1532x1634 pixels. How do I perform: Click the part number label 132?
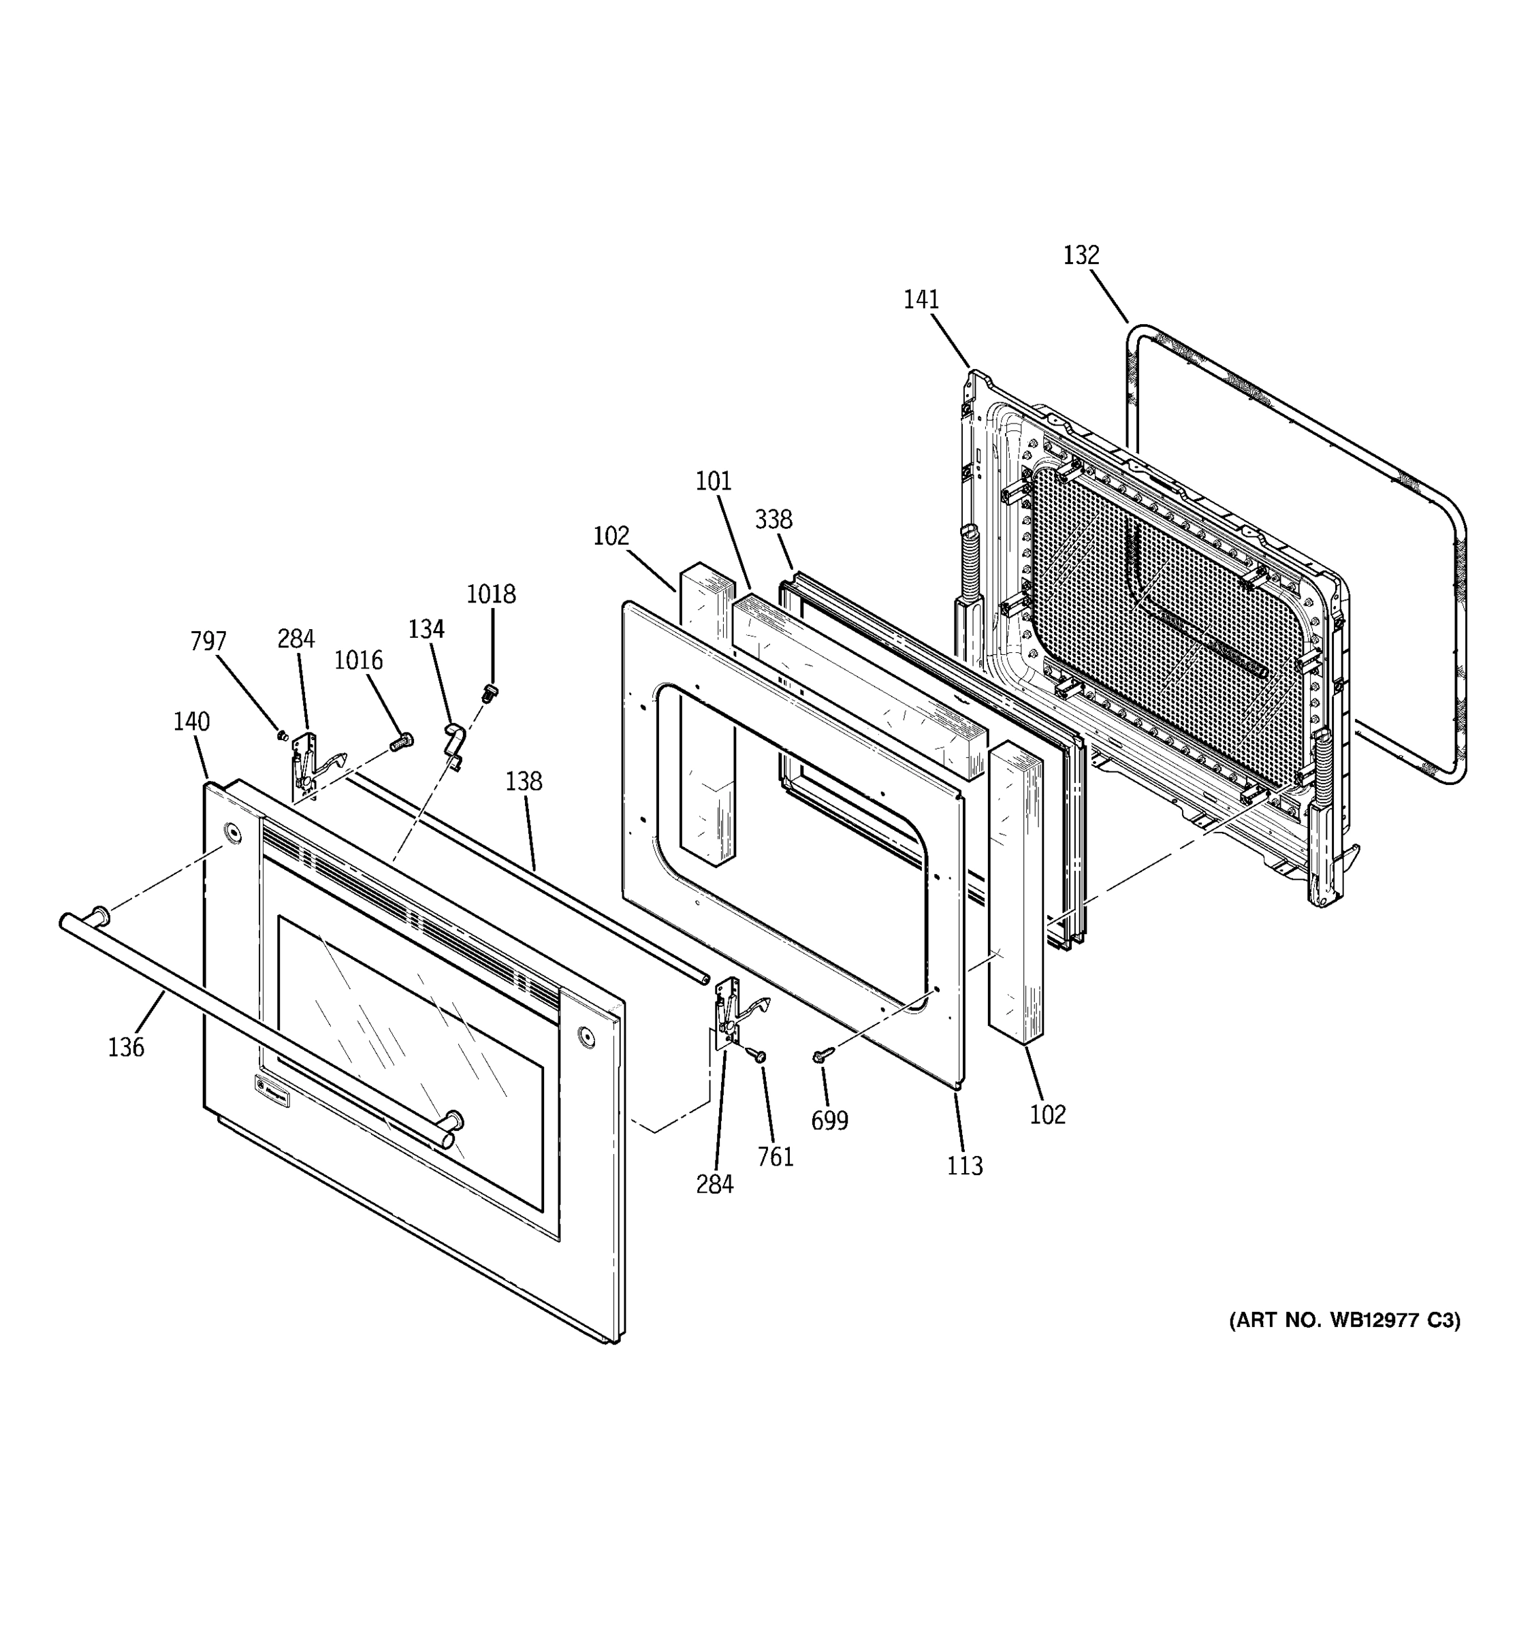pyautogui.click(x=1081, y=255)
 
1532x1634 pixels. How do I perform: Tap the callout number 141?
pyautogui.click(x=921, y=300)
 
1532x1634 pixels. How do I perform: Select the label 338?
pyautogui.click(x=773, y=519)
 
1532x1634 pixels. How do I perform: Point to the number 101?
pyautogui.click(x=714, y=481)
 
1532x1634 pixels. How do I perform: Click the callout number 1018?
pyautogui.click(x=492, y=594)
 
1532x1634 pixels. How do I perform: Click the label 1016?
pyautogui.click(x=358, y=660)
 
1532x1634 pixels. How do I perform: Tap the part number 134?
pyautogui.click(x=426, y=630)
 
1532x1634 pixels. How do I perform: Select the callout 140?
pyautogui.click(x=191, y=722)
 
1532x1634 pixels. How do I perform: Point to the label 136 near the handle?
pyautogui.click(x=126, y=1047)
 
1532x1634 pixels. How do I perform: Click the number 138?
pyautogui.click(x=524, y=781)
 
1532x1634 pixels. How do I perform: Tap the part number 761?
pyautogui.click(x=775, y=1157)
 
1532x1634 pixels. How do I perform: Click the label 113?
pyautogui.click(x=965, y=1166)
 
